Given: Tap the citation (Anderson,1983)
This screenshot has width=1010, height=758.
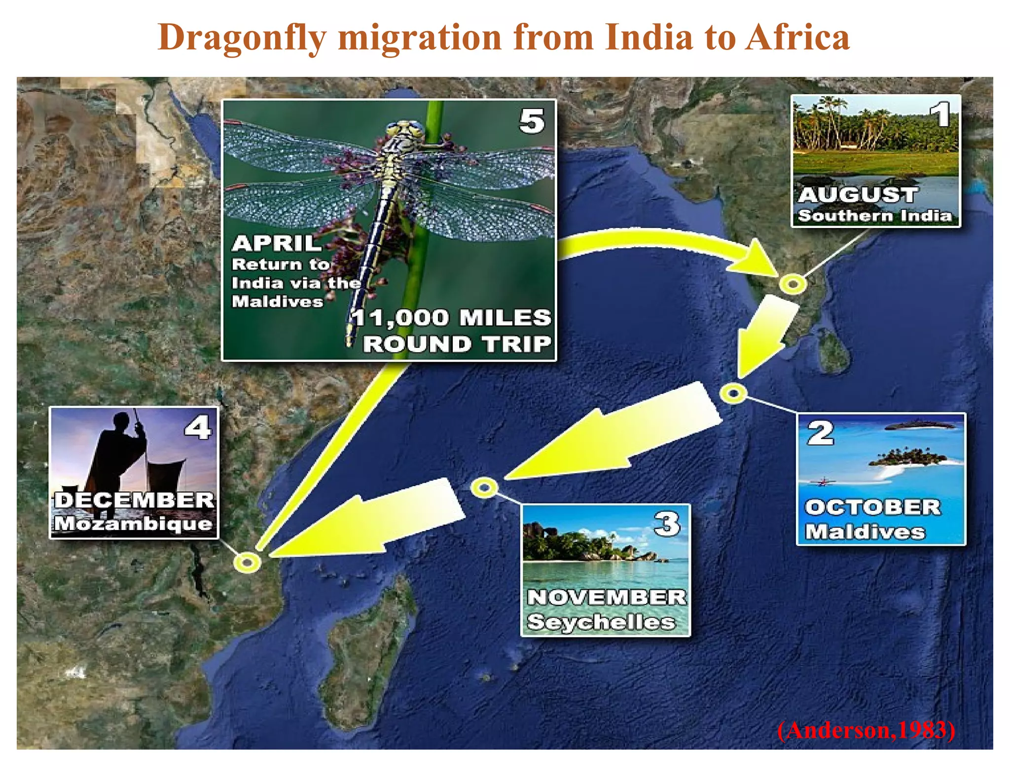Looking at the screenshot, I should [866, 730].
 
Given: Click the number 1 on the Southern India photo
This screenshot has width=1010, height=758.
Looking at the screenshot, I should [942, 115].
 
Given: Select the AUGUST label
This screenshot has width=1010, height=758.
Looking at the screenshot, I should [858, 195].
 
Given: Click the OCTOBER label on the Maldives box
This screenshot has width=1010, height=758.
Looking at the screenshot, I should [873, 507].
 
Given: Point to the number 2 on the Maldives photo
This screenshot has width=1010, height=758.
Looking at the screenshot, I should [821, 433].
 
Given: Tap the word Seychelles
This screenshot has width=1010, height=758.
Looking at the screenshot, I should [601, 622].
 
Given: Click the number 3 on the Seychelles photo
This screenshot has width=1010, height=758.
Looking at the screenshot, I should [667, 524].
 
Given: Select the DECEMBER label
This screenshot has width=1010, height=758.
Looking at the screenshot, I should [134, 500].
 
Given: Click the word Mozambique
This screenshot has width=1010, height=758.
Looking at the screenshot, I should [133, 524].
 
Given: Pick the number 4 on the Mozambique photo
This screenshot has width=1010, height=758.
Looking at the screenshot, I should [198, 427].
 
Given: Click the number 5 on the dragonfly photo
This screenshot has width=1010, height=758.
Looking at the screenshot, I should [532, 121].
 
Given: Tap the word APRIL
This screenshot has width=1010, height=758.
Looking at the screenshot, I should [277, 243].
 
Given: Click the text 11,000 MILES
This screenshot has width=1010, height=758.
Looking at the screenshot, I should [451, 318].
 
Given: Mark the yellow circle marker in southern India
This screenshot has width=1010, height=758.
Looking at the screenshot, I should [793, 284].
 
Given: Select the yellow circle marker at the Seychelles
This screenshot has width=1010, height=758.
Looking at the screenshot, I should [484, 488].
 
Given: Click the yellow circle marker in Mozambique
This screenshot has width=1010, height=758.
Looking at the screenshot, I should [247, 562].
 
